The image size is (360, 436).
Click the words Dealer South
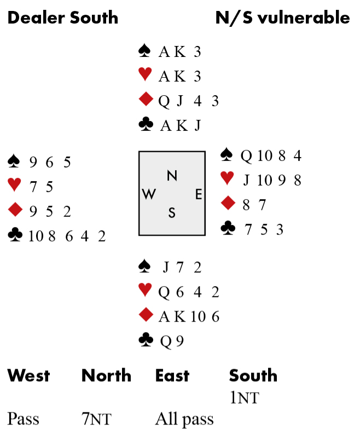click(62, 18)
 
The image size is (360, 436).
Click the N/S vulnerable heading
click(282, 18)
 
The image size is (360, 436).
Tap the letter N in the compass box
click(172, 176)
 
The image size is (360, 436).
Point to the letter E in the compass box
click(199, 194)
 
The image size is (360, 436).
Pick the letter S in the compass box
click(172, 213)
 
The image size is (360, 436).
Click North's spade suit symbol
click(146, 51)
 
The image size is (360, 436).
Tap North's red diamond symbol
click(146, 100)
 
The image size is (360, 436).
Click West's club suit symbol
click(15, 235)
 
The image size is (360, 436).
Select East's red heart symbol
click(227, 178)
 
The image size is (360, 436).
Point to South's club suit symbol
click(146, 341)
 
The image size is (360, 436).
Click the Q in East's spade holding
click(247, 156)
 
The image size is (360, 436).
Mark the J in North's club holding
click(198, 126)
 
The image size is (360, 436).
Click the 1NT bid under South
click(244, 398)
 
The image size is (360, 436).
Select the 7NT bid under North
click(96, 420)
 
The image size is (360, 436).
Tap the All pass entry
click(184, 420)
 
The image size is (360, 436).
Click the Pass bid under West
click(23, 420)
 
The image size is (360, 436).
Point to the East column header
click(172, 376)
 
